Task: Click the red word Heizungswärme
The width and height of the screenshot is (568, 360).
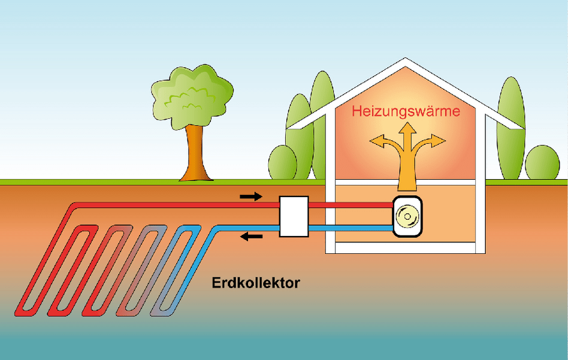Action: coord(406,111)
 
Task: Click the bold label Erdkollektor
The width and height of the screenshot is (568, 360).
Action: coord(255,283)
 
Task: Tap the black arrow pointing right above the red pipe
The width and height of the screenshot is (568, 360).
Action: coord(251,196)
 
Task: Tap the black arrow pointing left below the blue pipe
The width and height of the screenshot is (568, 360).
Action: coord(251,237)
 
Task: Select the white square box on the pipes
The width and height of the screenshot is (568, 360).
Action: coord(294,216)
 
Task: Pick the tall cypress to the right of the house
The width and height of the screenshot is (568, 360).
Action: coord(510,129)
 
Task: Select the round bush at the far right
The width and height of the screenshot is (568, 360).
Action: coord(542,162)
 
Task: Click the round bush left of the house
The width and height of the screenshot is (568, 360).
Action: coord(282,162)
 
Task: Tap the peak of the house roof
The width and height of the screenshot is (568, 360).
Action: coord(406,60)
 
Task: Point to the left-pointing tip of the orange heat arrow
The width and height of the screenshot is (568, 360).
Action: coord(373,142)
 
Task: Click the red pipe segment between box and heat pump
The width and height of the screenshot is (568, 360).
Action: coord(351,205)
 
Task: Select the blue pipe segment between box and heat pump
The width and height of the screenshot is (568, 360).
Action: coord(351,228)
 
